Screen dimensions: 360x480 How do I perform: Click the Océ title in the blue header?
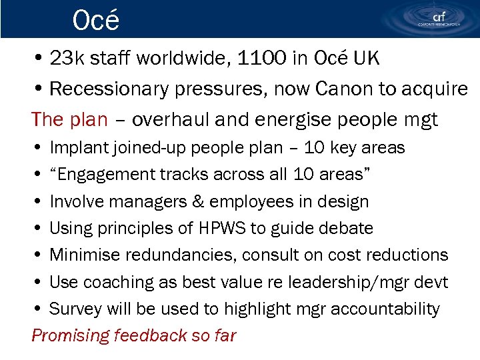pos(96,20)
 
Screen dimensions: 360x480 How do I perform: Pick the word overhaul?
pos(170,119)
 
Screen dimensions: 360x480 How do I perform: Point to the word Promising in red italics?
pos(69,335)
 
